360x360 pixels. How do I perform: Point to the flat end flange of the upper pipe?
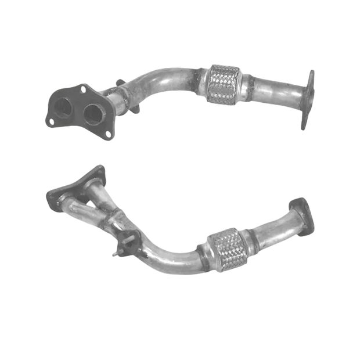click(308, 100)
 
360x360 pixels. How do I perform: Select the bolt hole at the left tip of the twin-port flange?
click(50, 121)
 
